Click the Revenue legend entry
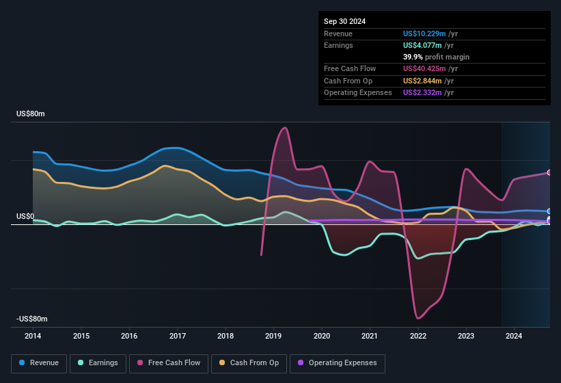[39, 362]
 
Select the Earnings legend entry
[98, 362]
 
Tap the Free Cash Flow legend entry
[169, 362]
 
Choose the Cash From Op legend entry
[249, 362]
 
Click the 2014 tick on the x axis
[33, 336]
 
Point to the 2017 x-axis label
[178, 336]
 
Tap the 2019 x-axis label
[274, 336]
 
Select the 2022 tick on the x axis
[418, 336]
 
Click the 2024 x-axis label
[514, 336]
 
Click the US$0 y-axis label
[25, 216]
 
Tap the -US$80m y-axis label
[32, 319]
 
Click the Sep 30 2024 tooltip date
[344, 21]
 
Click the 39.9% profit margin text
[436, 57]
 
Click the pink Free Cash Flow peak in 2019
[284, 128]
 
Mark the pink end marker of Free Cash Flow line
[549, 172]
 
